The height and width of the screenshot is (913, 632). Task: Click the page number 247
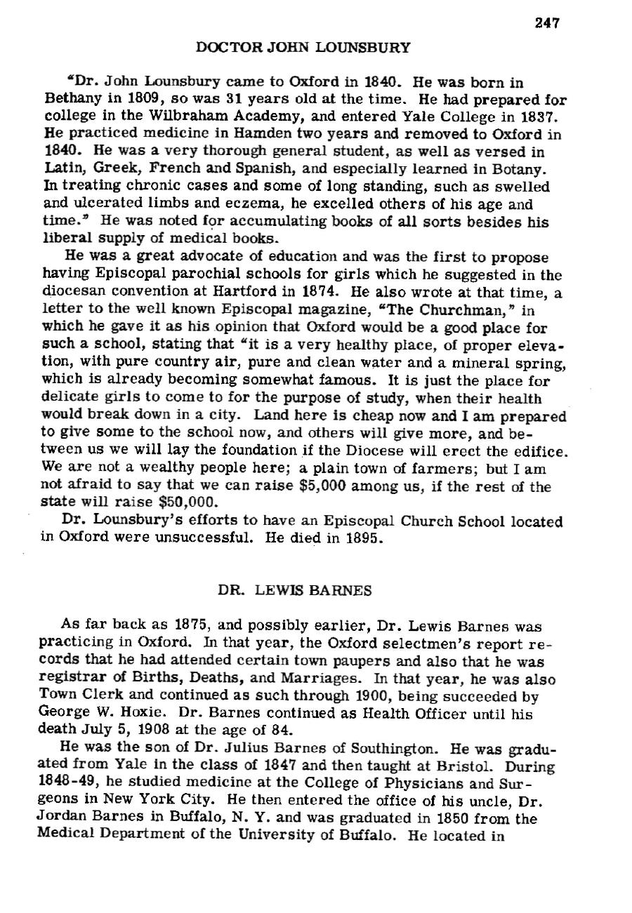[546, 23]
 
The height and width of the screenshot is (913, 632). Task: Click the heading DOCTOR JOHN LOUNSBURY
[303, 48]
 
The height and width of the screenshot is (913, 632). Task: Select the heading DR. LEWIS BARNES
[294, 590]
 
